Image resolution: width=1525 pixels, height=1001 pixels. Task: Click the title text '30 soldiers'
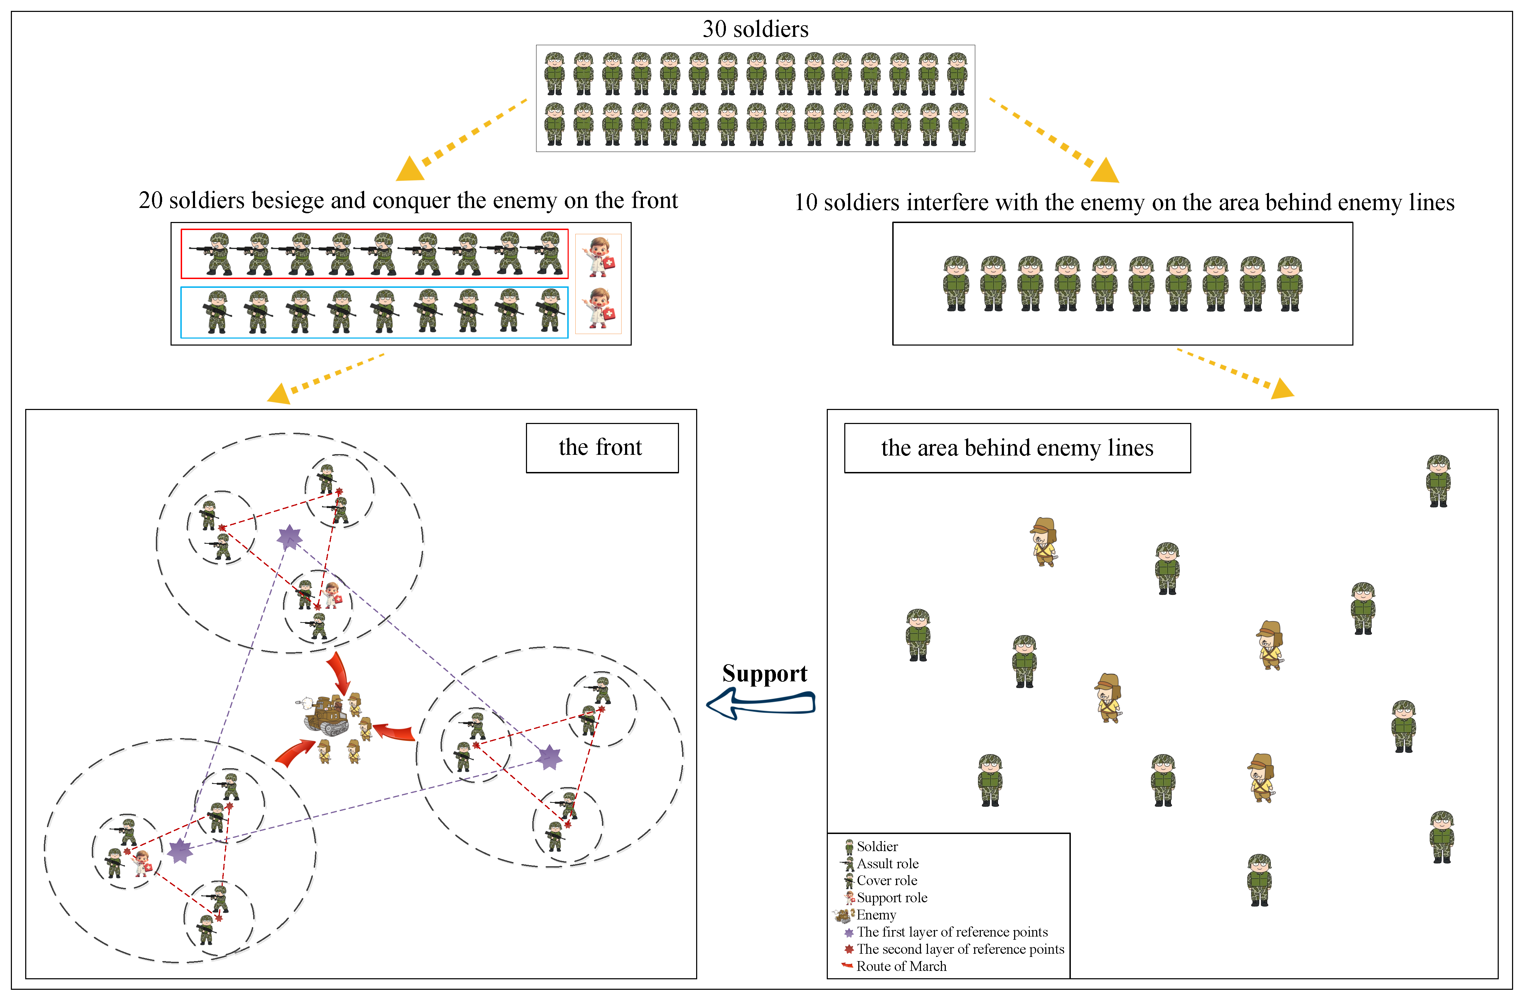(x=755, y=29)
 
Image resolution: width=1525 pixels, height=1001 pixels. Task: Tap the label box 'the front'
(x=601, y=447)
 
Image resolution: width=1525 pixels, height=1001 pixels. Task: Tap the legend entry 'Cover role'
(x=886, y=881)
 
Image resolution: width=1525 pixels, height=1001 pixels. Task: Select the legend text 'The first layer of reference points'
(x=951, y=932)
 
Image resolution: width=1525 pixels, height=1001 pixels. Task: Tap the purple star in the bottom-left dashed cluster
(x=180, y=851)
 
